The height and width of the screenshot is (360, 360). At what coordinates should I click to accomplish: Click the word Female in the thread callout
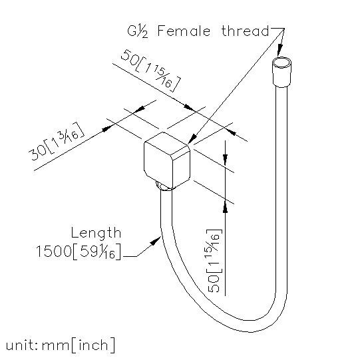[184, 31]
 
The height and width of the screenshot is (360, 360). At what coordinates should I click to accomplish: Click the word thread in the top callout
[245, 31]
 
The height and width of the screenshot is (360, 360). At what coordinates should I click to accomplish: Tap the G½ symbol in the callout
[138, 32]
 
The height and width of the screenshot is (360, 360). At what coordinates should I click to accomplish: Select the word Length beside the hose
[96, 234]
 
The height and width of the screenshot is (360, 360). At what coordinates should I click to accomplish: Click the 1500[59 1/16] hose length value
[79, 252]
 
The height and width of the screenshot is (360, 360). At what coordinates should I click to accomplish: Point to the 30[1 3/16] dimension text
[56, 142]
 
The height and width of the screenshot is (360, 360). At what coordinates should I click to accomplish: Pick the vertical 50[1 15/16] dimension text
[214, 261]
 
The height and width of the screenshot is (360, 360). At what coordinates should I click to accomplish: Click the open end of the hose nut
[281, 63]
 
